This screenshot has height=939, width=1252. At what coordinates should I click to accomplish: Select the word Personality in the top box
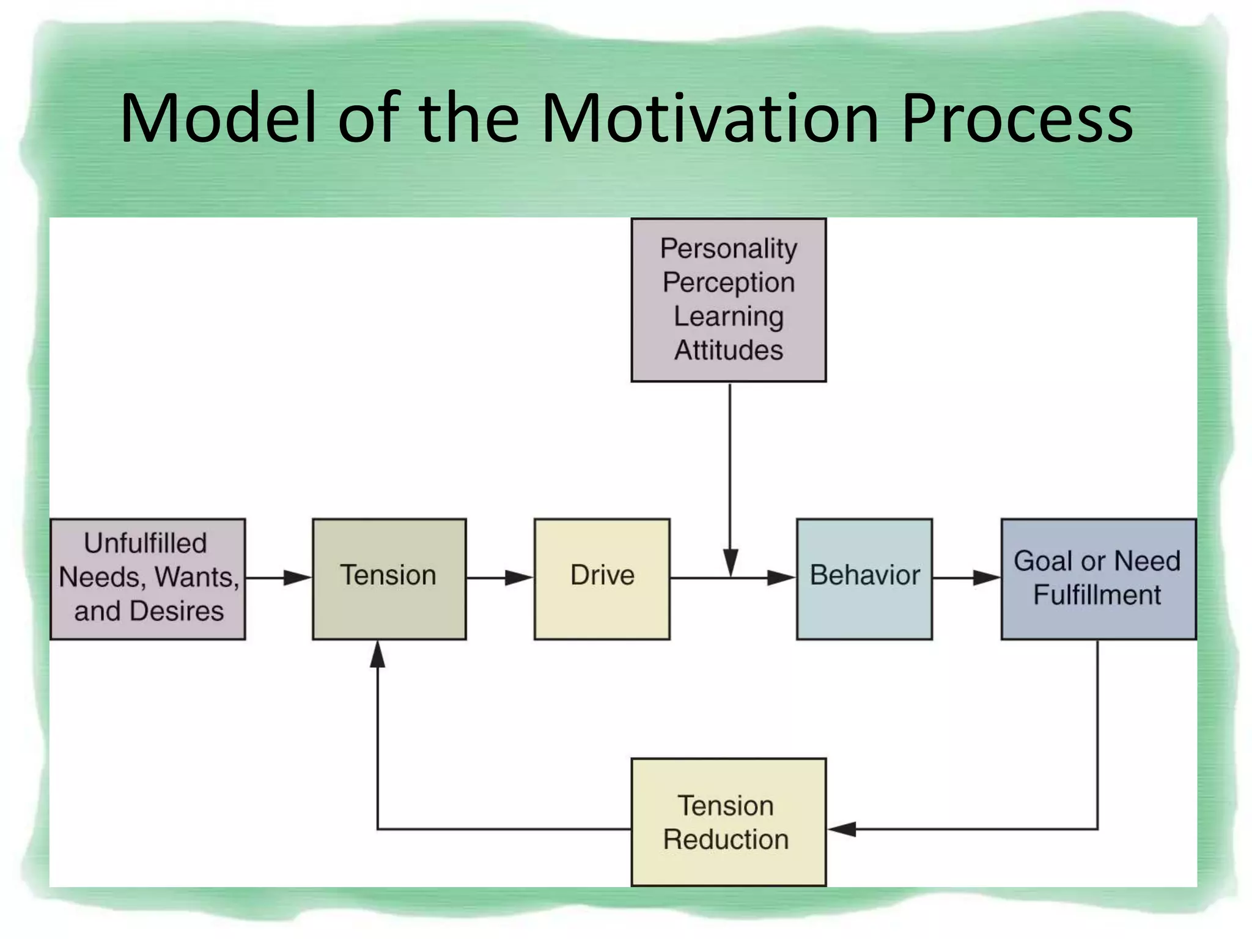pos(729,249)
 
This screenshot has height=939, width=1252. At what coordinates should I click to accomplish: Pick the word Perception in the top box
pos(729,283)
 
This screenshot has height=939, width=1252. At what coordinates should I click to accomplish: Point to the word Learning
pos(729,317)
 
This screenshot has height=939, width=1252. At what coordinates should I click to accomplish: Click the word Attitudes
pos(729,350)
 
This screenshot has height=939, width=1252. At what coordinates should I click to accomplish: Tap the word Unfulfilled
pos(145,543)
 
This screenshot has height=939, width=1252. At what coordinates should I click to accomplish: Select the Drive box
pos(602,578)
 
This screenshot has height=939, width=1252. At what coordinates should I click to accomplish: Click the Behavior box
pos(864,578)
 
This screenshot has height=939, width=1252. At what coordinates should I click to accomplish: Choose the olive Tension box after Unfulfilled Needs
pos(389,578)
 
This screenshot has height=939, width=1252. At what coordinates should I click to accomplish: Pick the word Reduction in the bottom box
pos(726,839)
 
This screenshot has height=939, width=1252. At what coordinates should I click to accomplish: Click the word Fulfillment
pos(1097,595)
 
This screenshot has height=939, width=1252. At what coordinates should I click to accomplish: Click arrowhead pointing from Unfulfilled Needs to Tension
pos(298,578)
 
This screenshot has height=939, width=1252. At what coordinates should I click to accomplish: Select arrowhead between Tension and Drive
pos(520,578)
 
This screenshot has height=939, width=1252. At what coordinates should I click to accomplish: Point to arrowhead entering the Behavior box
pos(782,578)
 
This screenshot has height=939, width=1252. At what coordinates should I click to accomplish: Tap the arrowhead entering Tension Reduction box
pos(842,829)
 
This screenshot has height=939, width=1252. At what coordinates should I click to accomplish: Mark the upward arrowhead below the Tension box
pos(378,655)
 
